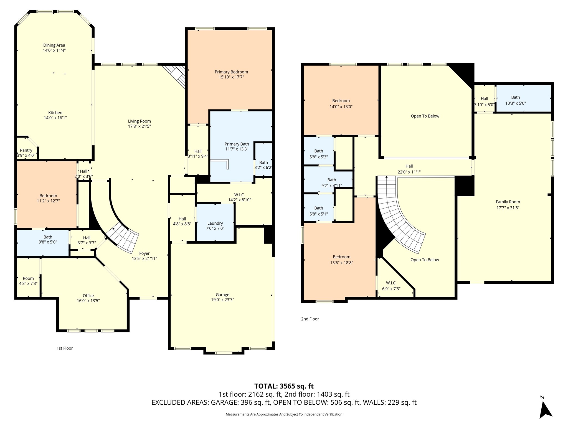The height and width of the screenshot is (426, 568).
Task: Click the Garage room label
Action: click(222, 295)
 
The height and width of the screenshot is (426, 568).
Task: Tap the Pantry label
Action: click(26, 150)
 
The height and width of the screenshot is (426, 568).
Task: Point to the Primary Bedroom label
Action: click(231, 72)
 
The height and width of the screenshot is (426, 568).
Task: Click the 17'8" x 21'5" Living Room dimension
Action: click(140, 126)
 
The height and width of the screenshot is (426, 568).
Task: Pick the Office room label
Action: click(88, 296)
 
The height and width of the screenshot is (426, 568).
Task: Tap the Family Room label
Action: click(508, 202)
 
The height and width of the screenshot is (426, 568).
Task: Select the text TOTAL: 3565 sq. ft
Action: click(284, 386)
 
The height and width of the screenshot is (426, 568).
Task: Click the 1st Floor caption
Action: click(65, 348)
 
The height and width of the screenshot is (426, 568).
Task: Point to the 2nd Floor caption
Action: click(310, 319)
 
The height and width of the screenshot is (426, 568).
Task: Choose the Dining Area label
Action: click(54, 45)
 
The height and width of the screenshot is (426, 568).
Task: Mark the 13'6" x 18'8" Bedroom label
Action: click(341, 257)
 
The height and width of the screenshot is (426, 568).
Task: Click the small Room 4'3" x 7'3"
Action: click(28, 278)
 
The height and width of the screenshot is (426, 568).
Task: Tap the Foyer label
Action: click(144, 253)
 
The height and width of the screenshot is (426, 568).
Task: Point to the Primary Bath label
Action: click(237, 144)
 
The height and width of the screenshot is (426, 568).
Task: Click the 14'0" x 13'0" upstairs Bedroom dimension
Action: click(341, 106)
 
